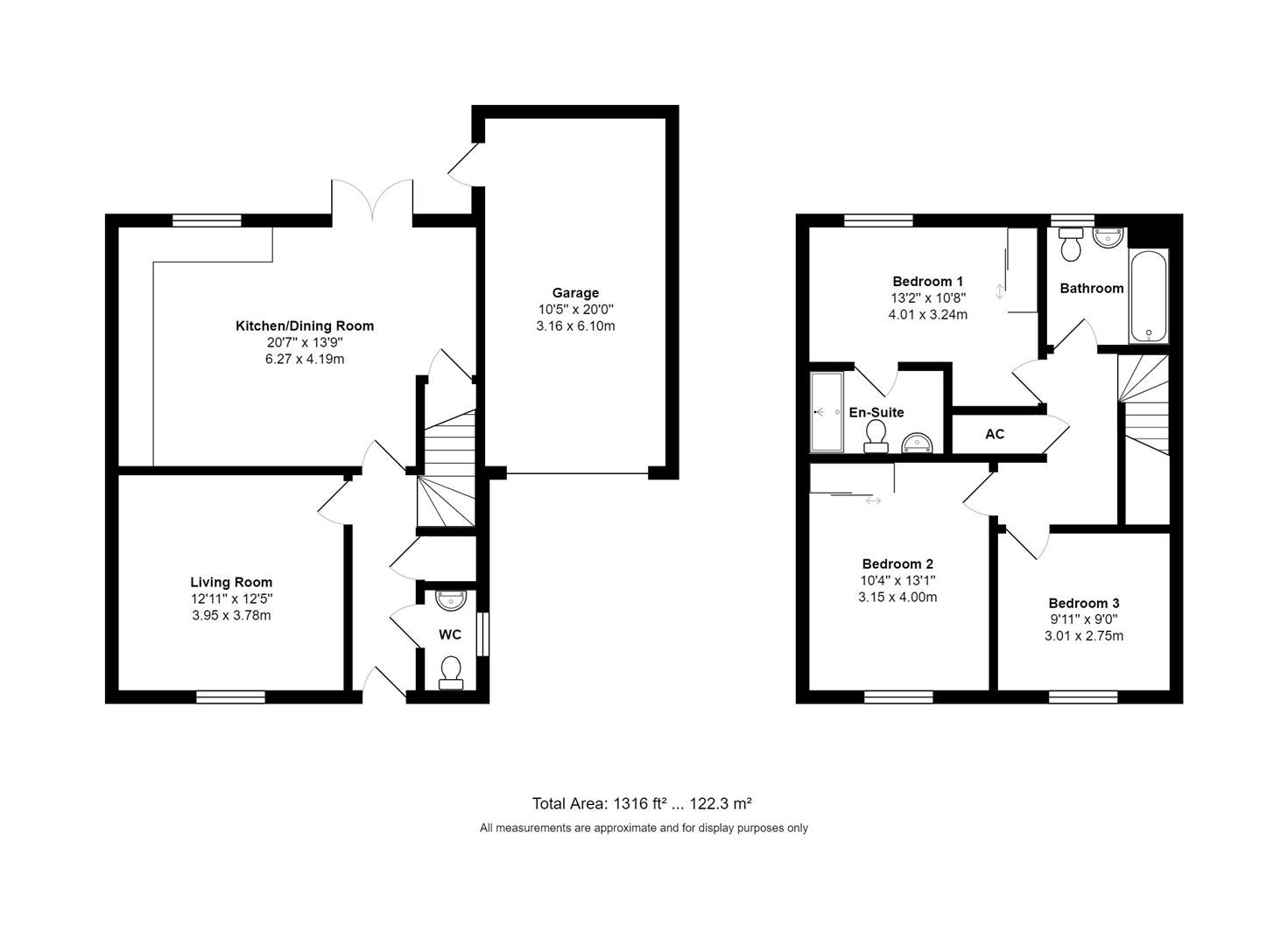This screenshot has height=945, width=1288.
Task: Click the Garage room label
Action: (575, 293)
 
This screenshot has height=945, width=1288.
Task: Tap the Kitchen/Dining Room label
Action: (305, 325)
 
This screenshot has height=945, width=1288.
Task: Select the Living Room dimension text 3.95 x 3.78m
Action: (231, 615)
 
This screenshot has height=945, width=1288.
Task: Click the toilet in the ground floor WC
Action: (451, 672)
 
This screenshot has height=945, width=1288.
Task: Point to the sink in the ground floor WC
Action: (453, 600)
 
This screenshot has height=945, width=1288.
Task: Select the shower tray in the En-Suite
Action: (826, 412)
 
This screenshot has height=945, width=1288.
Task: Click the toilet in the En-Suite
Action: (876, 435)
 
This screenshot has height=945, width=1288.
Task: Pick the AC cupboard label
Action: (995, 434)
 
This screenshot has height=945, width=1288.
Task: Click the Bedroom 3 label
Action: (1084, 603)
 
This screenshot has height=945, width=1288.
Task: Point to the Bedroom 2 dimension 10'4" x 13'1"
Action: (897, 580)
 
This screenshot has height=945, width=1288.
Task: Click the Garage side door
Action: (464, 164)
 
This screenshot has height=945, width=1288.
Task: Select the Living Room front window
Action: (230, 697)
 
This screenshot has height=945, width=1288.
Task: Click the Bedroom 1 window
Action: (878, 220)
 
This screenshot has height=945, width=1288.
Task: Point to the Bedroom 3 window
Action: (1083, 697)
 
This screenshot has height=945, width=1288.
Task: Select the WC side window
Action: (483, 633)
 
